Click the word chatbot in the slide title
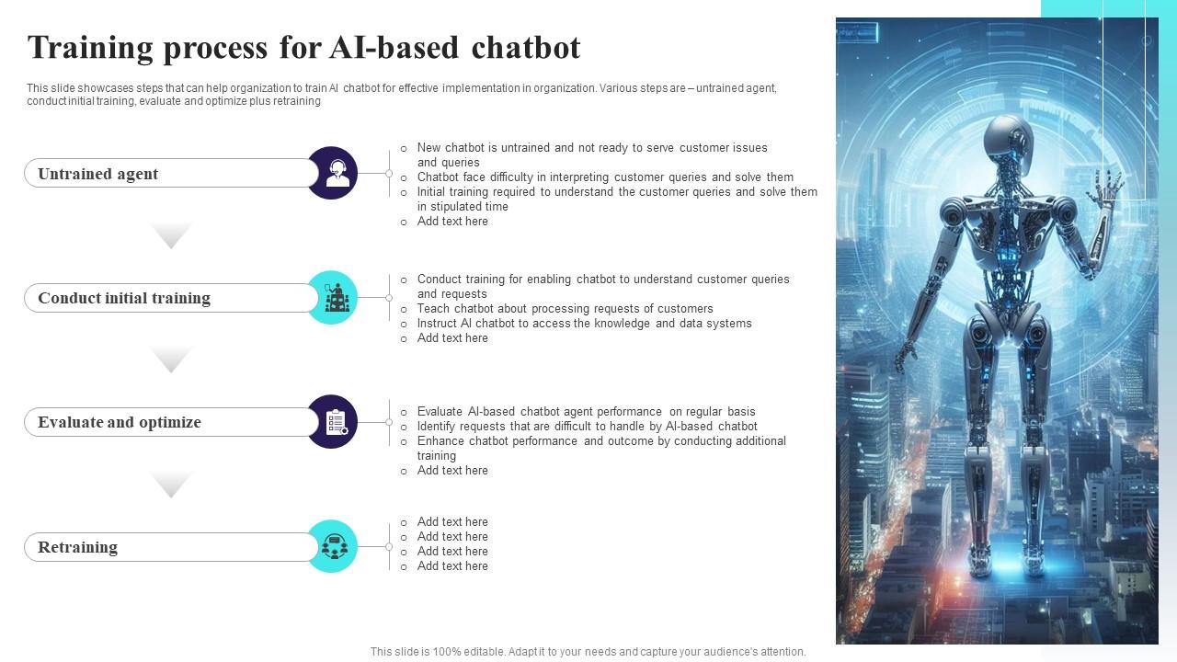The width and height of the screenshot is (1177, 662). point(525,48)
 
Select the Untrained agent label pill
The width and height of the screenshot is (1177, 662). point(171,174)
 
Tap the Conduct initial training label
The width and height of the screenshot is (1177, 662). point(171,298)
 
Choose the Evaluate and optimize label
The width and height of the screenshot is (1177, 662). point(171,423)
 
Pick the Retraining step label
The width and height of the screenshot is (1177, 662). point(171,547)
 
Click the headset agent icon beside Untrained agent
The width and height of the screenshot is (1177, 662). point(332,173)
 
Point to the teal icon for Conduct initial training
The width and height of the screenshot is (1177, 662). point(332,297)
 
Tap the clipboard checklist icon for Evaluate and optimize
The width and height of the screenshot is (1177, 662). point(332,422)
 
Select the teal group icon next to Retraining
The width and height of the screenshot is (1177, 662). point(332,546)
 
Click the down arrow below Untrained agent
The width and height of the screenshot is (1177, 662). point(171,235)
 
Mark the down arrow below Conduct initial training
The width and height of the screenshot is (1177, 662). point(171,360)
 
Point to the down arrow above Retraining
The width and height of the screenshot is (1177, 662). point(171,484)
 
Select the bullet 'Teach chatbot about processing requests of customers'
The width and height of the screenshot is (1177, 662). point(565,309)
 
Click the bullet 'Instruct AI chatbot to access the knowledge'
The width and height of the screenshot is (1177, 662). point(584,324)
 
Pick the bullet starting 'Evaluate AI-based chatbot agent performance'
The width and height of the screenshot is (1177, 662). point(586,412)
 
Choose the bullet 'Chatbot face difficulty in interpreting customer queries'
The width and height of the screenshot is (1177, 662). point(605,177)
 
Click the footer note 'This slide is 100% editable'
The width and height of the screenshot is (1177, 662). point(588,652)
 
